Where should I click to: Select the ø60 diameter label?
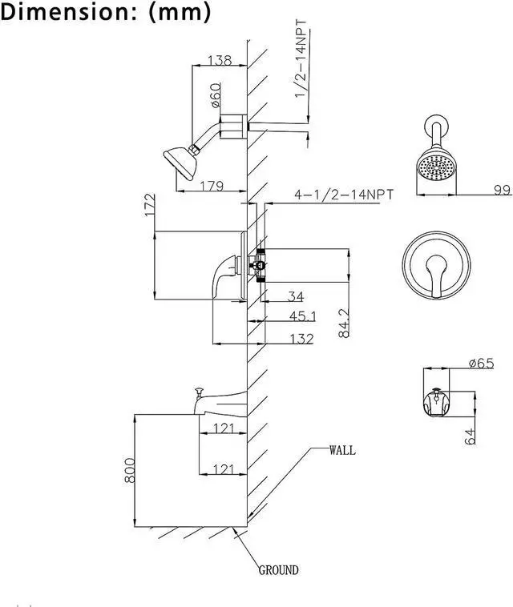pos(215,97)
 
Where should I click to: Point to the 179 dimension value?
pos(212,186)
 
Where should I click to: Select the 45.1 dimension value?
pos(302,316)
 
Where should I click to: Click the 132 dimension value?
pos(301,340)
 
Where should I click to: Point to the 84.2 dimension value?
pos(345,324)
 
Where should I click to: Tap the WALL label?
pos(341,450)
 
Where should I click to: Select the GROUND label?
pos(278,570)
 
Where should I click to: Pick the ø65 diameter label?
pos(480,363)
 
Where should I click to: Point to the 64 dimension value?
pos(471,436)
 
